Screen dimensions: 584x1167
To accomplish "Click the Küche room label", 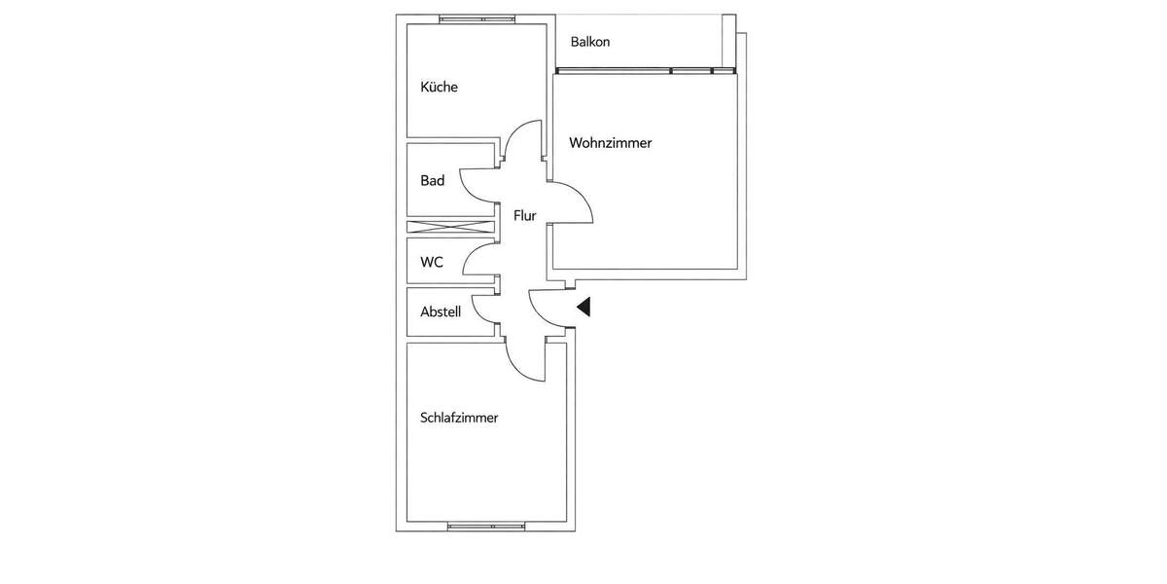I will pyautogui.click(x=439, y=88).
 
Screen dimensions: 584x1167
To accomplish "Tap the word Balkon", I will pyautogui.click(x=590, y=43).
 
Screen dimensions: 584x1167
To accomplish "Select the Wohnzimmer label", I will pyautogui.click(x=610, y=143).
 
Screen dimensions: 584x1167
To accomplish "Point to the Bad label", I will pyautogui.click(x=432, y=181).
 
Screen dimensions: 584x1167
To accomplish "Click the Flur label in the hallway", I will pyautogui.click(x=525, y=216).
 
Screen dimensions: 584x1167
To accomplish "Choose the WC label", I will pyautogui.click(x=432, y=263).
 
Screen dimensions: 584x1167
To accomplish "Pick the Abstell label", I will pyautogui.click(x=441, y=312).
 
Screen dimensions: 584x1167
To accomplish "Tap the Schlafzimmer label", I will pyautogui.click(x=459, y=419).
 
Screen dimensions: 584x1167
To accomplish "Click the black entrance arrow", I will pyautogui.click(x=583, y=308).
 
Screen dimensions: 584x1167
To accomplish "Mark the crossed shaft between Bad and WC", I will pyautogui.click(x=450, y=228).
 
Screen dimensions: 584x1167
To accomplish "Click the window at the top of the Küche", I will pyautogui.click(x=476, y=18).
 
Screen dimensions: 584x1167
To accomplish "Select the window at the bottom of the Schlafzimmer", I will pyautogui.click(x=485, y=527).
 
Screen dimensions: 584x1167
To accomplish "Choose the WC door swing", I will pyautogui.click(x=479, y=260).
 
